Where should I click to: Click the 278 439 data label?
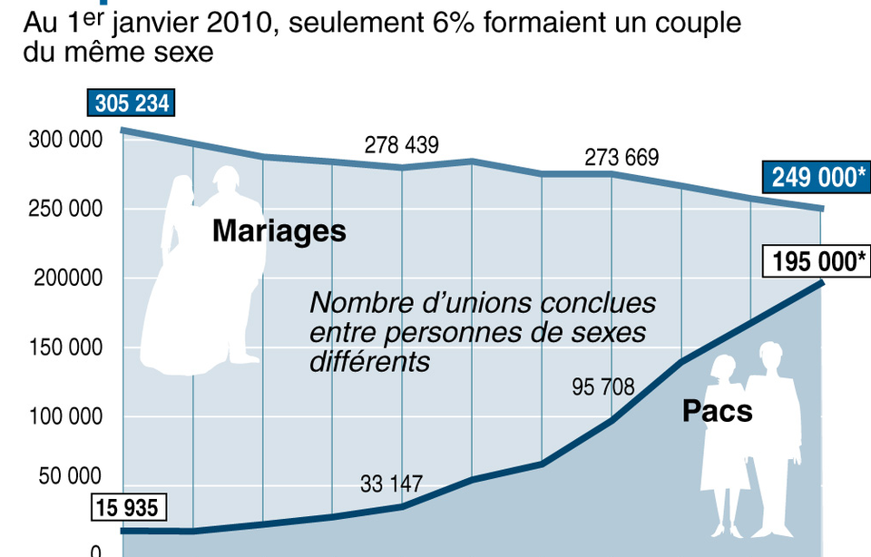pos(402,145)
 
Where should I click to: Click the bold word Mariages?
pos(279,230)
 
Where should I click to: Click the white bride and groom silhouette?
pos(204,272)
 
